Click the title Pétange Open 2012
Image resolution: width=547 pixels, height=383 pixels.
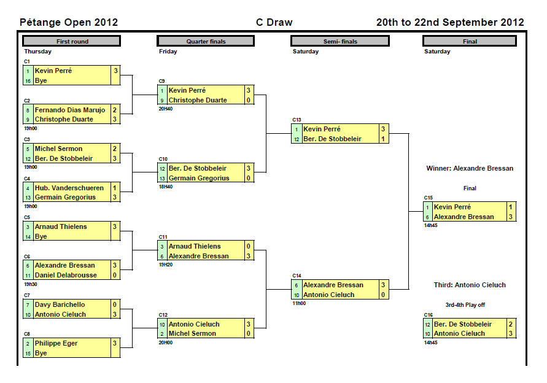tap(69, 23)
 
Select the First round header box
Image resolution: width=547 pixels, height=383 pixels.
tap(72, 41)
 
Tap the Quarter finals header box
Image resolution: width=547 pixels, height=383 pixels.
tap(206, 41)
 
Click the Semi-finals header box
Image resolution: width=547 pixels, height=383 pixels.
tap(340, 41)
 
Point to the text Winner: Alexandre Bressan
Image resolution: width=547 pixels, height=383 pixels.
tap(470, 168)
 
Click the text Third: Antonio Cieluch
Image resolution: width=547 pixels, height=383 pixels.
tap(470, 285)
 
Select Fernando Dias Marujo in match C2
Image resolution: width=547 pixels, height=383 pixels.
tap(69, 110)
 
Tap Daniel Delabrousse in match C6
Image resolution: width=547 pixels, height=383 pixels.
tap(66, 276)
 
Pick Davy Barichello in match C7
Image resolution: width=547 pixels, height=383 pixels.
tap(60, 304)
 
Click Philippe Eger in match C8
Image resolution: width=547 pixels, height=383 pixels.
tap(56, 343)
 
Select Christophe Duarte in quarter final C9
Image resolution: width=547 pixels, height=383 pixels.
tap(198, 100)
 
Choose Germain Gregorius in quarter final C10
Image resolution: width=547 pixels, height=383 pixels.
tap(199, 178)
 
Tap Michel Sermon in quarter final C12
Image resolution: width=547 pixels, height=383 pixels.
tap(192, 333)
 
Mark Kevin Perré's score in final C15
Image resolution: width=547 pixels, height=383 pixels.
tap(510, 207)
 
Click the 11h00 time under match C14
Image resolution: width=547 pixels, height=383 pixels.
tap(299, 303)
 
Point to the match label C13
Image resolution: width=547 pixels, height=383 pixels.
tap(297, 120)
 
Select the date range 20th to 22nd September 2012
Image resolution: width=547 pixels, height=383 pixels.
tap(450, 23)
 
